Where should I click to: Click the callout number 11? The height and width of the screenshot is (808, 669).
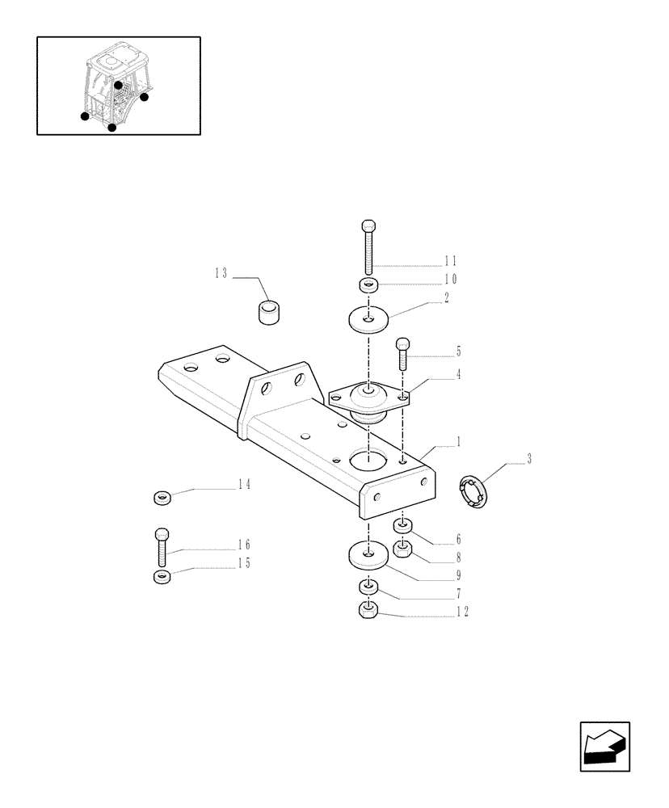coord(450,261)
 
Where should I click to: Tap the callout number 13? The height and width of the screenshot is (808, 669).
coord(221,274)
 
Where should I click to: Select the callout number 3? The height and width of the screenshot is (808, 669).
coord(528,460)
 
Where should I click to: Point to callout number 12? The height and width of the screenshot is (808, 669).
coord(461,612)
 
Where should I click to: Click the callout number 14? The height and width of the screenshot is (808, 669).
coord(243,485)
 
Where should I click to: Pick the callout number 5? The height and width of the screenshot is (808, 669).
coord(458,351)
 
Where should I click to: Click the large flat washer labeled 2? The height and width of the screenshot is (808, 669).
coord(368,319)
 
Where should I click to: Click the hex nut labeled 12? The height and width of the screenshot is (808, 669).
coord(368,611)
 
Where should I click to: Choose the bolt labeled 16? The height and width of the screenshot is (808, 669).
coord(162,546)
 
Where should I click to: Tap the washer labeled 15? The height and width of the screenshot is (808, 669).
coord(162,577)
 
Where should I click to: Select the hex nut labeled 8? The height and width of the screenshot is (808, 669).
coord(403,550)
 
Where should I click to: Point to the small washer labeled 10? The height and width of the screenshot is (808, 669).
coord(368,284)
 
